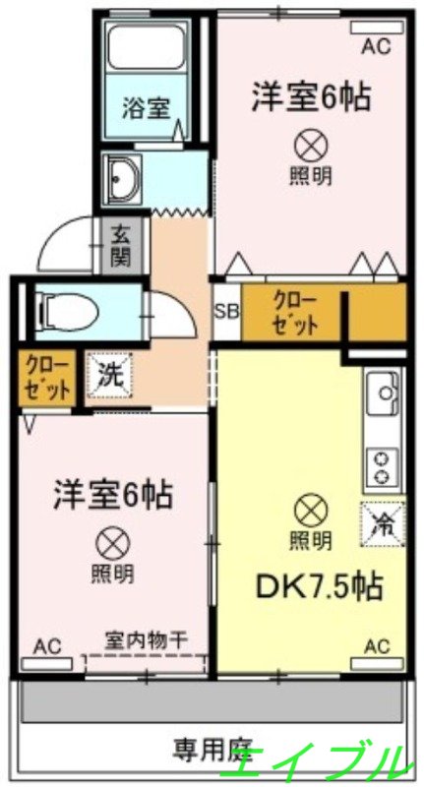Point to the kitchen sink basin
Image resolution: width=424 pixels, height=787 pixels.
(x=381, y=398)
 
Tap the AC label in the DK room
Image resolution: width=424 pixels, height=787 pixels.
(x=378, y=645)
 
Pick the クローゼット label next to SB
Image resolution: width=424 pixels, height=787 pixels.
(x=294, y=312)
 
